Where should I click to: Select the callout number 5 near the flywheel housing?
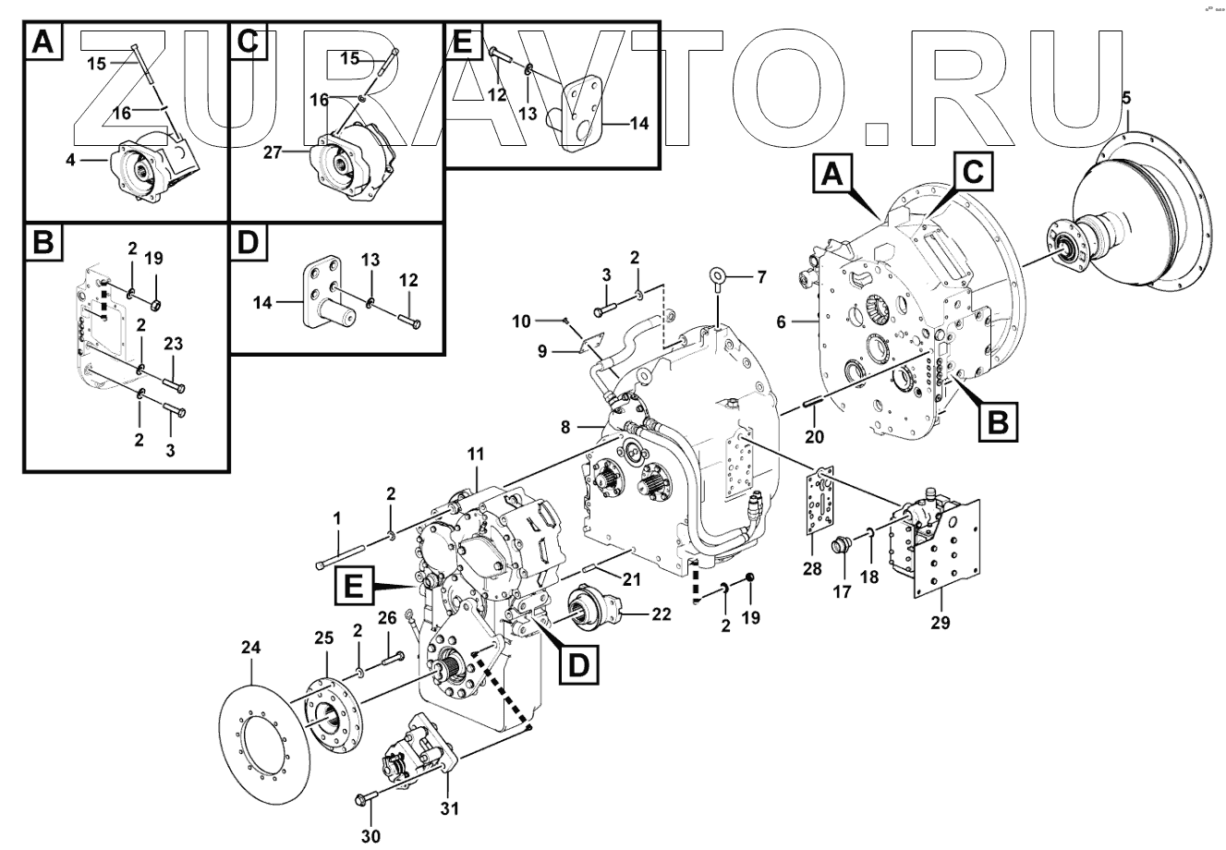(x=1124, y=98)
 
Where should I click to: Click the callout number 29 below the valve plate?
(x=941, y=623)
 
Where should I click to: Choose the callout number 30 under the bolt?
(x=370, y=836)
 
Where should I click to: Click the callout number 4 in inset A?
(x=72, y=159)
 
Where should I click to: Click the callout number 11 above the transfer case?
(x=476, y=455)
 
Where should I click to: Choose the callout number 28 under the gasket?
(x=812, y=570)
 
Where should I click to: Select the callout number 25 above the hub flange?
(x=322, y=637)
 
